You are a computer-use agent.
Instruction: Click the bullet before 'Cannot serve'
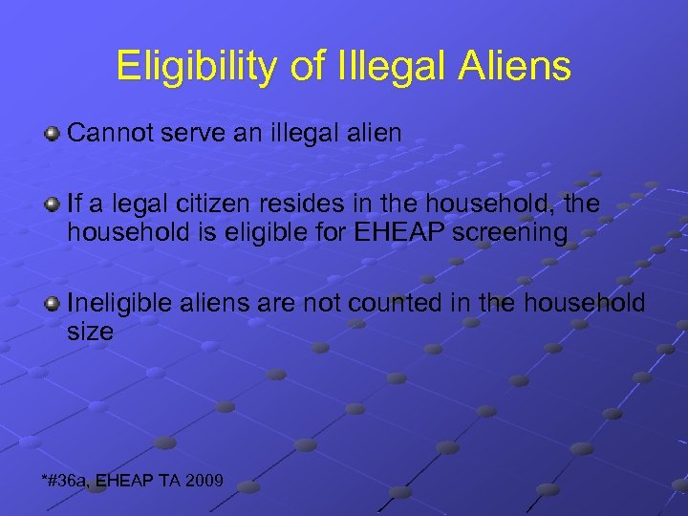[53, 133]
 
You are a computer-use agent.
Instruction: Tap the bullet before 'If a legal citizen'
[53, 204]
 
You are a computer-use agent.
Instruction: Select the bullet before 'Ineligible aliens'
[53, 304]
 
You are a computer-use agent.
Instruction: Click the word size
[90, 332]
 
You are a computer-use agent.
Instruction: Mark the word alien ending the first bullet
[373, 133]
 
